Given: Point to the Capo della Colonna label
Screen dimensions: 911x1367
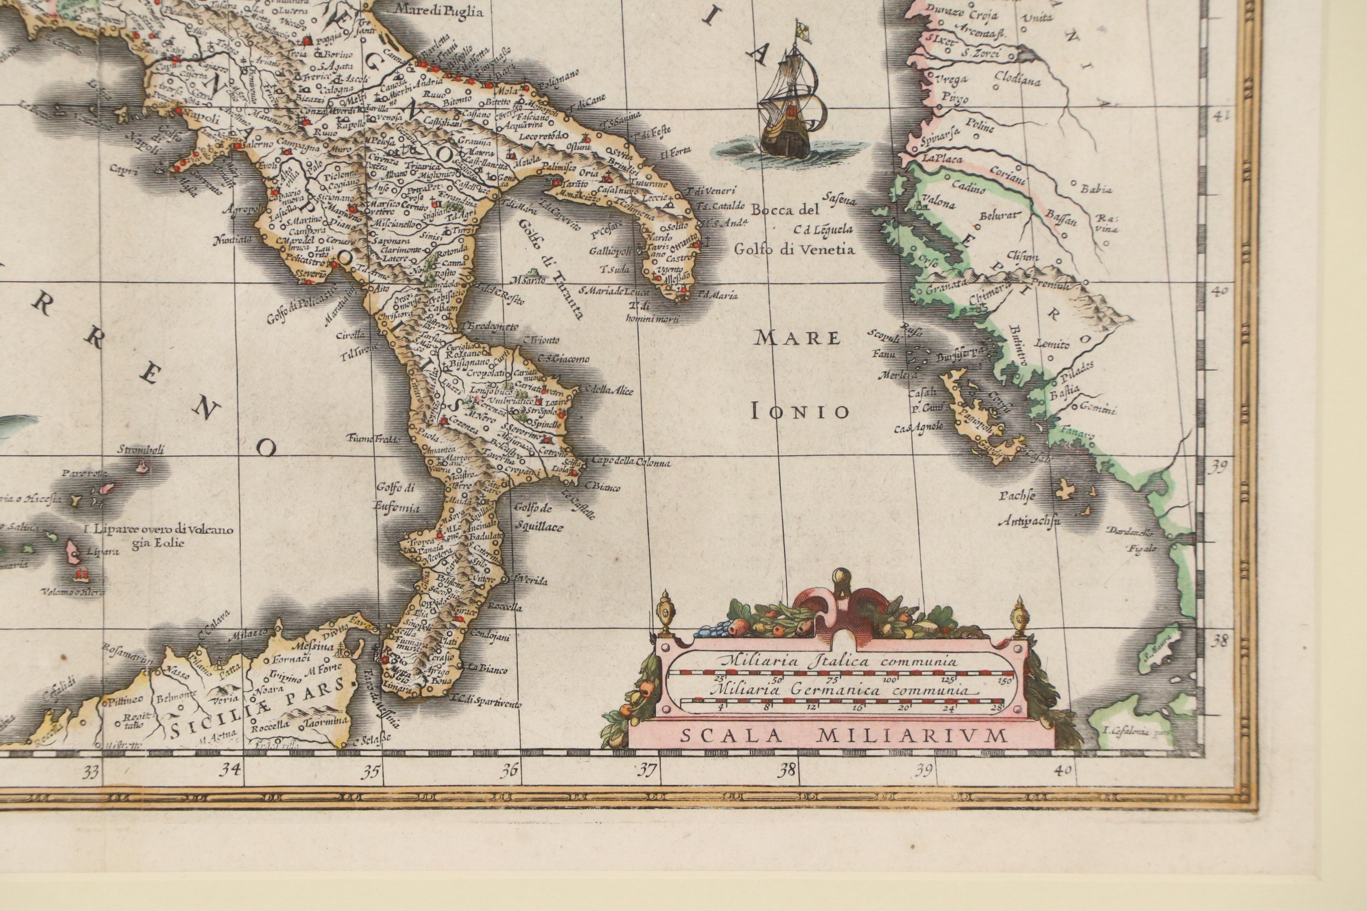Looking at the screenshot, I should (x=631, y=463).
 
